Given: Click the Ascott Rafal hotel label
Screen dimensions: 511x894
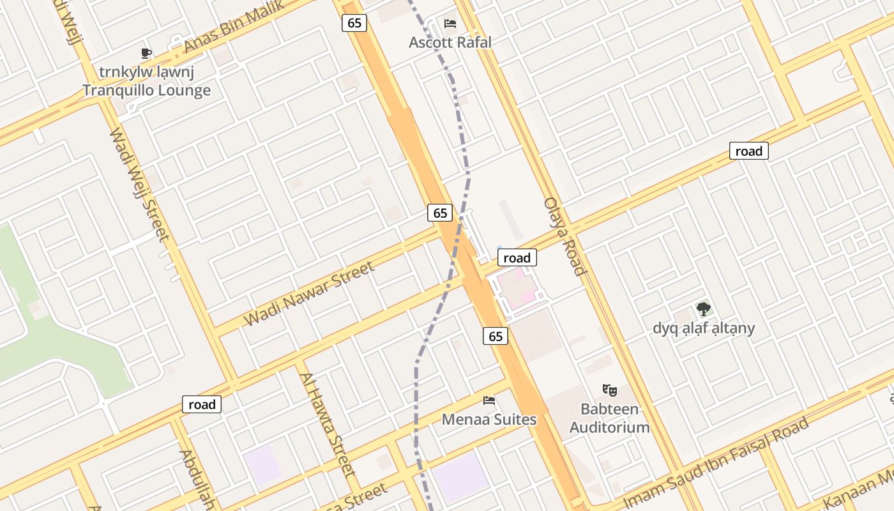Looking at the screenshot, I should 450,43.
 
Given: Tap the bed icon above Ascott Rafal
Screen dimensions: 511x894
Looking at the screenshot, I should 450,24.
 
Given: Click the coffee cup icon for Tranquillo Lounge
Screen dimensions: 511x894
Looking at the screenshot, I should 146,53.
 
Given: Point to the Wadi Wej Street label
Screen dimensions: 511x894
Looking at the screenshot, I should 140,185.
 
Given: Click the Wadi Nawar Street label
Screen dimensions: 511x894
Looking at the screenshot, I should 309,294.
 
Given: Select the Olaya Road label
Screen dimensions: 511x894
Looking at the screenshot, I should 565,236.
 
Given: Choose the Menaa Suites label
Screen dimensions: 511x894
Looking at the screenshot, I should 489,420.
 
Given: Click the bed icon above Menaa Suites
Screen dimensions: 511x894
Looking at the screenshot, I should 489,401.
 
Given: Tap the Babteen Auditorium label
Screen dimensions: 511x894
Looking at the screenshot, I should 609,418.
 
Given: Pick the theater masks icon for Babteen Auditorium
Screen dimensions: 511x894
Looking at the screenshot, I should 609,389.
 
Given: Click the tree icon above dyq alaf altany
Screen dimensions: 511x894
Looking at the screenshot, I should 704,310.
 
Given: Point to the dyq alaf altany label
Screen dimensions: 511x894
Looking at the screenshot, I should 704,328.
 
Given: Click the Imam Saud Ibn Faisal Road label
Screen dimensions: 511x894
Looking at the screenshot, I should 716,461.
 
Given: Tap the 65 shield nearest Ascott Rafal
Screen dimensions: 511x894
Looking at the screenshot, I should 354,23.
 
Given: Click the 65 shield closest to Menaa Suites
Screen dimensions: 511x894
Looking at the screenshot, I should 496,336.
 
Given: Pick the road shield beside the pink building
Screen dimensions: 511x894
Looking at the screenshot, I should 517,258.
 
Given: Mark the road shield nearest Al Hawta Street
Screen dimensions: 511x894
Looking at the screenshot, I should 202,404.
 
